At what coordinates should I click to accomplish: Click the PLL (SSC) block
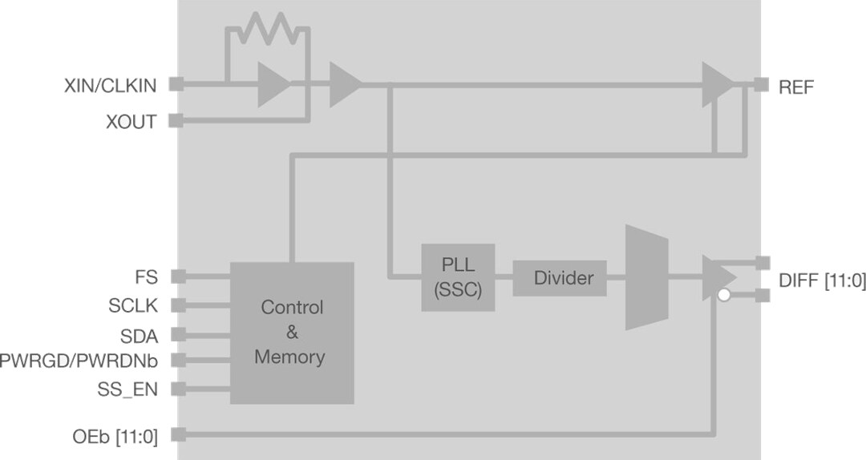(458, 277)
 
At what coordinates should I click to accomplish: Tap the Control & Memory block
(292, 333)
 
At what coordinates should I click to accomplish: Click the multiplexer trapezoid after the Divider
(646, 277)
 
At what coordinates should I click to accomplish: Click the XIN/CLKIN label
(110, 86)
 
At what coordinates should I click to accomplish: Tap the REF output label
(796, 87)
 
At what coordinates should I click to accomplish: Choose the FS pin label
(146, 277)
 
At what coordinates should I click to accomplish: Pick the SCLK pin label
(133, 305)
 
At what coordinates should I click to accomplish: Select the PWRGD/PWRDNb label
(79, 361)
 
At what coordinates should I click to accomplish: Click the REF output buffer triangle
(716, 84)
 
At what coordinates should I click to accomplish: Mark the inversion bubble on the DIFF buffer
(724, 296)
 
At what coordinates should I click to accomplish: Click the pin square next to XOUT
(176, 122)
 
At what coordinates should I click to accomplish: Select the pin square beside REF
(762, 84)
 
